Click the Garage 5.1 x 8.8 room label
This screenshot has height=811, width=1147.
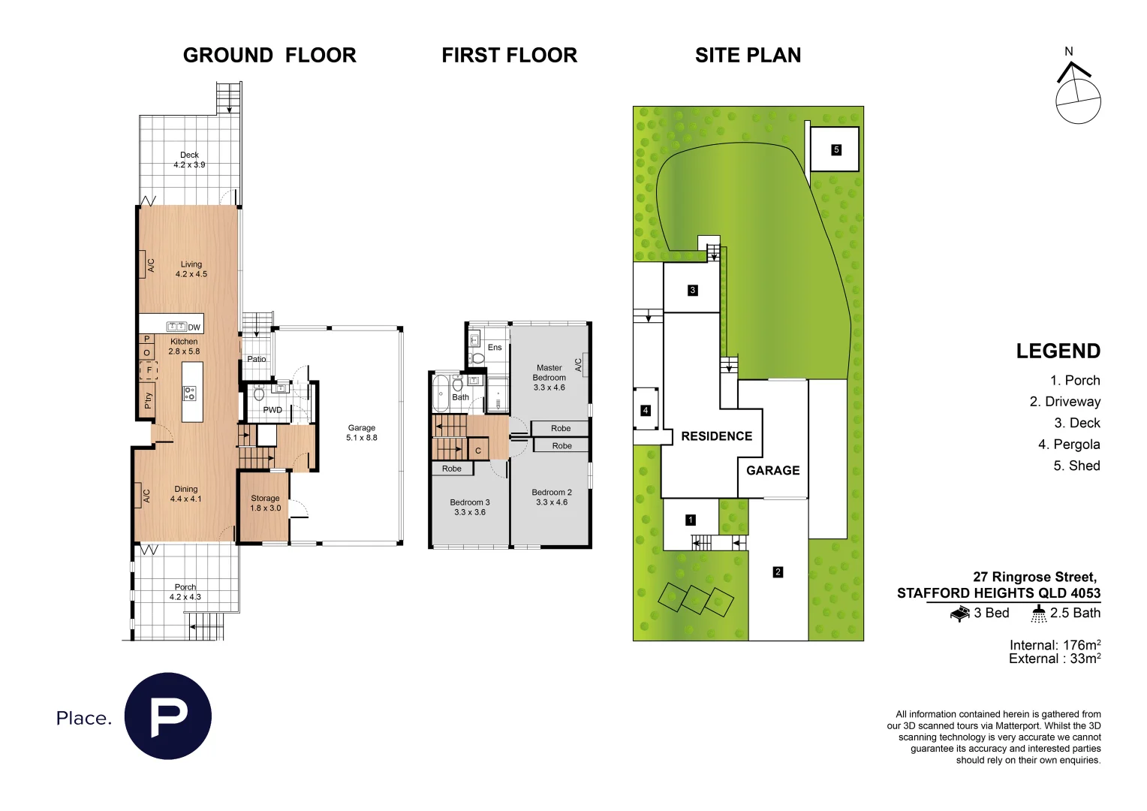[361, 433]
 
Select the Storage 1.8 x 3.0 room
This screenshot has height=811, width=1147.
[265, 503]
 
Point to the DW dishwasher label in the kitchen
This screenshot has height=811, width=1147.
[194, 327]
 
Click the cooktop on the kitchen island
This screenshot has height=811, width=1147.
[191, 392]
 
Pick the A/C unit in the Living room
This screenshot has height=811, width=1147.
[144, 265]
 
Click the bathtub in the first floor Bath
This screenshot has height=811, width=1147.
[440, 392]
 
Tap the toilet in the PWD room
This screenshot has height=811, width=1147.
[259, 393]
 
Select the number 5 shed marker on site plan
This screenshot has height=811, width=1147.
[835, 150]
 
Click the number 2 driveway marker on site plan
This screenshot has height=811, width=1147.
[778, 572]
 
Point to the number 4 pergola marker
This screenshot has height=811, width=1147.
[645, 410]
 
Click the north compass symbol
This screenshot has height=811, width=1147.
[1077, 93]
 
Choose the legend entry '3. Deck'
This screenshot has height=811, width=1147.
[1076, 424]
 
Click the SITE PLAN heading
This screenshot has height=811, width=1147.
[748, 56]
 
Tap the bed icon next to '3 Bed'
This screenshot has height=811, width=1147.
[959, 614]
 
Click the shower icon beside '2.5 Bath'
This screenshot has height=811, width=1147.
[1038, 614]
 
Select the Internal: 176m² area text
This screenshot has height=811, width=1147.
[1054, 645]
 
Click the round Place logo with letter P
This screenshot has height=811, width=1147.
[168, 716]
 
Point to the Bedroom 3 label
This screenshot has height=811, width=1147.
[469, 508]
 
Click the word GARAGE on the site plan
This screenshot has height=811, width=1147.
[772, 471]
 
